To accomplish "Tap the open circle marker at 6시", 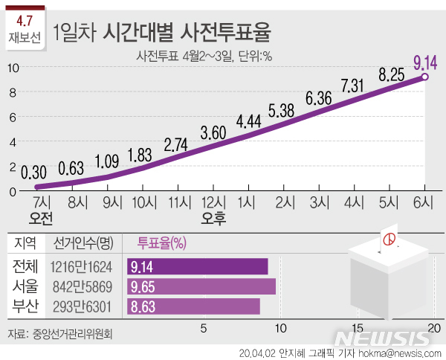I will coord(424,77).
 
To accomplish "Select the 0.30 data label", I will coord(36,171).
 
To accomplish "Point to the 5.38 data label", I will coord(282,110).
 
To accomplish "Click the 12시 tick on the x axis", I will coord(213,202).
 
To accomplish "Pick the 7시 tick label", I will coord(42,202).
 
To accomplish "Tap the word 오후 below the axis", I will coord(213,219).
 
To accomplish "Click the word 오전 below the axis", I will coord(42,219).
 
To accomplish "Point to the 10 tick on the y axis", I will coord(13,68).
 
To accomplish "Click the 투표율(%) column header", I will coord(161,242).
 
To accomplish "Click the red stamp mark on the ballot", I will coord(387,240).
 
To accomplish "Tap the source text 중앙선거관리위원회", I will coord(72,334).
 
